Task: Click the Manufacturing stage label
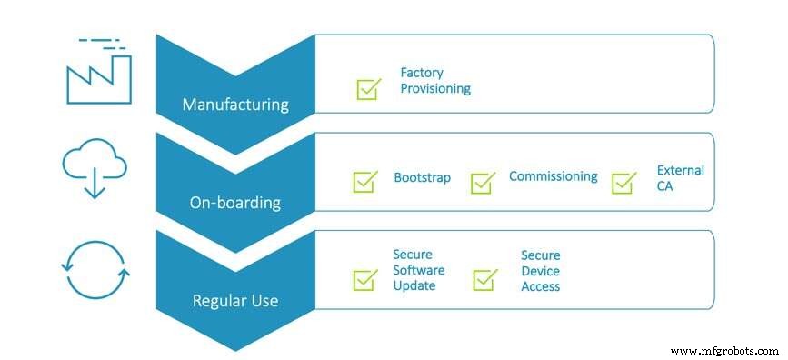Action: [x=235, y=104]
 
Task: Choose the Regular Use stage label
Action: [x=235, y=301]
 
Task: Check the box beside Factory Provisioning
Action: [x=368, y=88]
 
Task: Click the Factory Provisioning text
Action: [x=435, y=81]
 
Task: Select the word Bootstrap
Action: [x=422, y=177]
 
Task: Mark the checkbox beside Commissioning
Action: [x=483, y=182]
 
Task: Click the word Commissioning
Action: [x=553, y=176]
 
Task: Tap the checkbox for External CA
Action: [x=623, y=182]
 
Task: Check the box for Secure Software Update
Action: [x=365, y=279]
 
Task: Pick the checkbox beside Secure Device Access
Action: [x=485, y=280]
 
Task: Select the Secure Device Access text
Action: [x=540, y=271]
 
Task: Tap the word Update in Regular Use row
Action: [x=414, y=285]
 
